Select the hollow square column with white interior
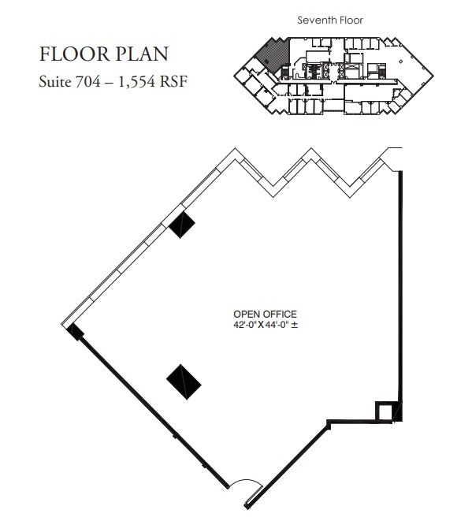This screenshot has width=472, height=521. tap(385, 411)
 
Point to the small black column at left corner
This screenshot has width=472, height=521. tap(75, 333)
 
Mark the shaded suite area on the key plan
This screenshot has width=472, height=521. tap(273, 54)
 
